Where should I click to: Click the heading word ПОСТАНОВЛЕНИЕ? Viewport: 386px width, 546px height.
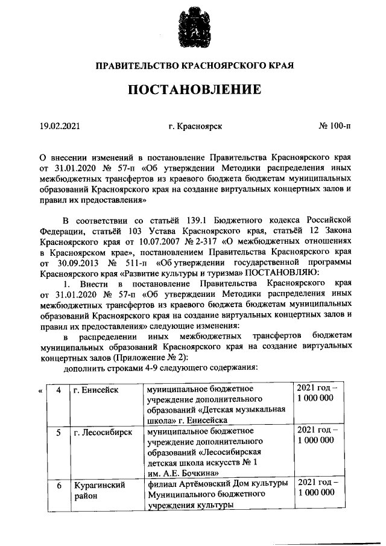pyautogui.click(x=193, y=90)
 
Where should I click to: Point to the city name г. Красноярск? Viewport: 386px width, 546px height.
pyautogui.click(x=196, y=126)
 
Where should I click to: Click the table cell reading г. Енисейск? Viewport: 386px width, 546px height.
pyautogui.click(x=95, y=390)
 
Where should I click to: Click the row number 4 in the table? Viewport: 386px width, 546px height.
pyautogui.click(x=59, y=390)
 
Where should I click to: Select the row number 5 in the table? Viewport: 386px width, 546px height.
pyautogui.click(x=59, y=433)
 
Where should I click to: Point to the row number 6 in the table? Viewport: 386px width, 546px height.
pyautogui.click(x=59, y=484)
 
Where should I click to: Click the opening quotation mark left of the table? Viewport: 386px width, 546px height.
pyautogui.click(x=40, y=390)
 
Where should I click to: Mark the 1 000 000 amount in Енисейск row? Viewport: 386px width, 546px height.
pyautogui.click(x=316, y=398)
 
